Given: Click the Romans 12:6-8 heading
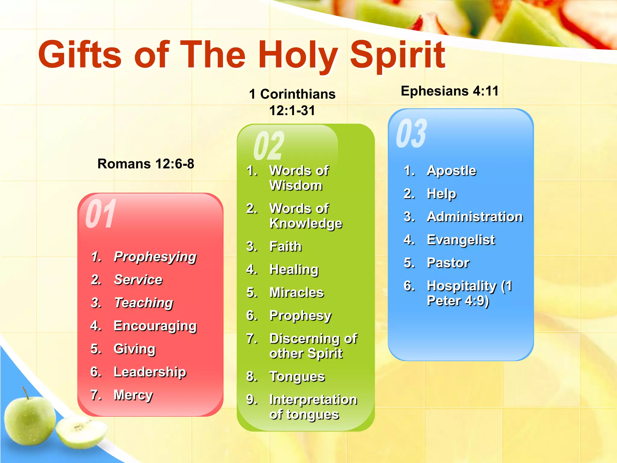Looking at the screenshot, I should click(146, 164).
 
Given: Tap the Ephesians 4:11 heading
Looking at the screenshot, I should click(449, 91).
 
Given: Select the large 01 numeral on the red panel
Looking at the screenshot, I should click(101, 214).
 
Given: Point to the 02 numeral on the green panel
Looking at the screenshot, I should click(269, 146).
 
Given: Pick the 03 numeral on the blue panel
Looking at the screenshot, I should click(412, 133).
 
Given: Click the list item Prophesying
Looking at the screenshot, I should click(155, 257).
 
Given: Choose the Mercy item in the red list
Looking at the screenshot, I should click(133, 395).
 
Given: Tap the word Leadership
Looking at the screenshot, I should click(150, 372).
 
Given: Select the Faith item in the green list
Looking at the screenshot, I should click(285, 247).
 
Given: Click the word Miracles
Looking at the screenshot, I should click(296, 293).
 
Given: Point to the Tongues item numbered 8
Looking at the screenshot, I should click(297, 377).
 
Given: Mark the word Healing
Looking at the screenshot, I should click(294, 270).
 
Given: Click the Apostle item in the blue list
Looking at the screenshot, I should click(452, 171).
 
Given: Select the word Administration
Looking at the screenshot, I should click(475, 217).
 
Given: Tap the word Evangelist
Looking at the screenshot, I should click(461, 240).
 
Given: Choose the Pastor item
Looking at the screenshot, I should click(448, 263).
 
